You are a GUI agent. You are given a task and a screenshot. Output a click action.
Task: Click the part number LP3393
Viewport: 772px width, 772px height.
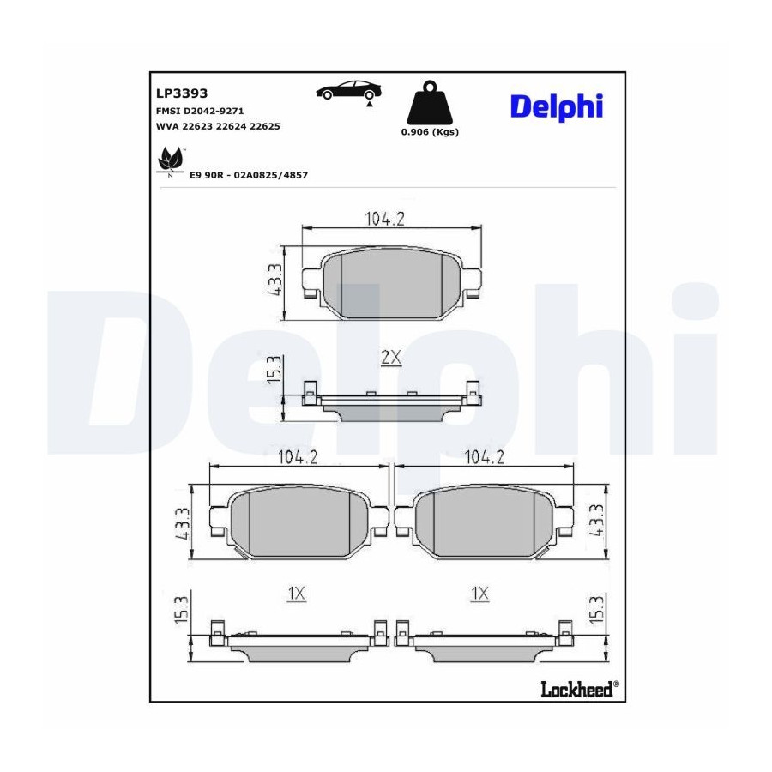[182, 93]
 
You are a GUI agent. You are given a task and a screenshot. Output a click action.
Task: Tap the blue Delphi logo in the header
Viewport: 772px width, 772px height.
[557, 106]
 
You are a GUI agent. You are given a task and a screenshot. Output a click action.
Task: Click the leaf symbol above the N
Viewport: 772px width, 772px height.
[170, 159]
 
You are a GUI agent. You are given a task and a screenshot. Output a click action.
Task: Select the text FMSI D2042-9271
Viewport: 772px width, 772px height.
[200, 112]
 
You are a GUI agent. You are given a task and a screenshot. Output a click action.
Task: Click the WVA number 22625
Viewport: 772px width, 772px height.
[265, 127]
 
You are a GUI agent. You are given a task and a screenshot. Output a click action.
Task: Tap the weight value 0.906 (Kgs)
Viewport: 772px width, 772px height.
[430, 132]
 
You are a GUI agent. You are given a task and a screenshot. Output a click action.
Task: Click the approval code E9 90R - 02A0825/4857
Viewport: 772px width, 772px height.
[249, 175]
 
